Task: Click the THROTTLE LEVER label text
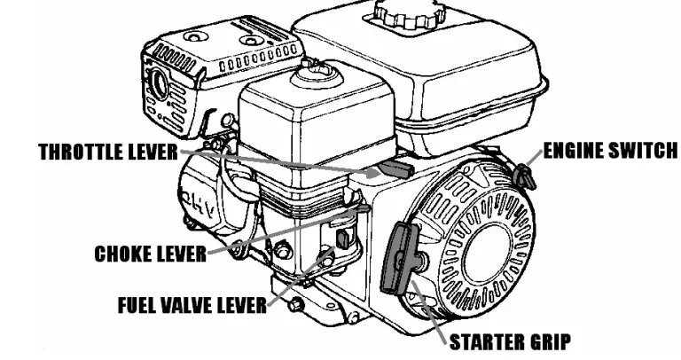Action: (108, 152)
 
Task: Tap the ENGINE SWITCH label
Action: (610, 151)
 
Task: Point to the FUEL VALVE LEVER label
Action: (192, 306)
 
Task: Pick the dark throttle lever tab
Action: (391, 168)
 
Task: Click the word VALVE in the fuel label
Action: (192, 306)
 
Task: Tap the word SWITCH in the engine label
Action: (642, 151)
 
